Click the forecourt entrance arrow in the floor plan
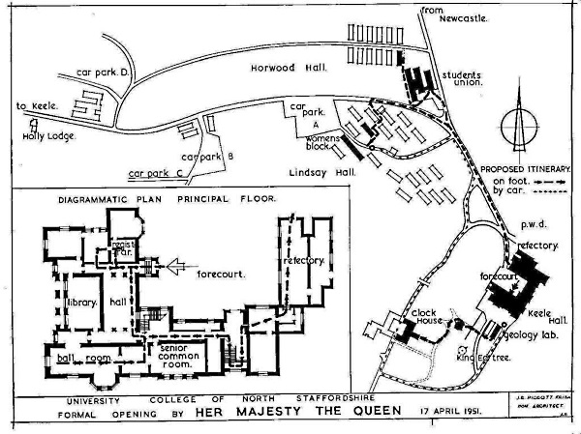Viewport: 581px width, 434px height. point(177,261)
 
